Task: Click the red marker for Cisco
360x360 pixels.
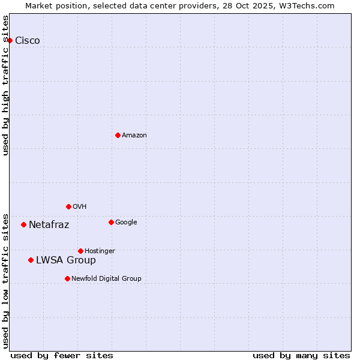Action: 10,40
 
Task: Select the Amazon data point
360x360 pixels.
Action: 118,135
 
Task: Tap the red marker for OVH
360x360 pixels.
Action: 68,206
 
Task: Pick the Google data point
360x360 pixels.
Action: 111,222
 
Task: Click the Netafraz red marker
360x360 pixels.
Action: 23,224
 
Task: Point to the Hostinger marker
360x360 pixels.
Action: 80,251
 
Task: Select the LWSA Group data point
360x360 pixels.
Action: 31,260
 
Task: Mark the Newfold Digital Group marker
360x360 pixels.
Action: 67,278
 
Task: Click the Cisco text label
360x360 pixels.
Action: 28,40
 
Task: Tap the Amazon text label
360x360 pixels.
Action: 134,135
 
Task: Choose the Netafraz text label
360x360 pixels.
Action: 49,224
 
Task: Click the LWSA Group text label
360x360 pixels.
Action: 66,260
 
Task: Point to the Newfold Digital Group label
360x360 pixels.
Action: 107,278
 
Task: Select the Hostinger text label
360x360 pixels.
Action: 100,251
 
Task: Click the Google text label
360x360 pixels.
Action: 126,222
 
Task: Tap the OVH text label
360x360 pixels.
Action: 80,206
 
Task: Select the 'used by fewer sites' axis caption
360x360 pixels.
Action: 62,355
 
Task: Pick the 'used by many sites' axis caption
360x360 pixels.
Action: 301,355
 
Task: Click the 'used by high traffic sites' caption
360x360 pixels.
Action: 5,85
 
